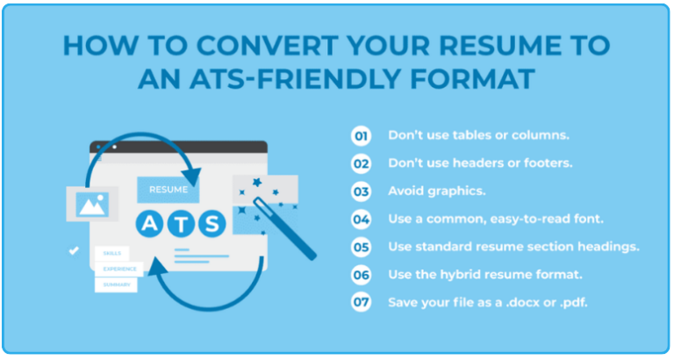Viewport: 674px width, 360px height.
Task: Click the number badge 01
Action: [x=361, y=136]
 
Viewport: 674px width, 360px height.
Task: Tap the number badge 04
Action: [x=361, y=219]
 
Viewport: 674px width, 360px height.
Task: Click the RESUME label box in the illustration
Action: [x=168, y=189]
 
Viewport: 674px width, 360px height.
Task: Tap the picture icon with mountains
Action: [x=91, y=205]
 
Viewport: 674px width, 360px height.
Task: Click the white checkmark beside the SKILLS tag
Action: [x=74, y=251]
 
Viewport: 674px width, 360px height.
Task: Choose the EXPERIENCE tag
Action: [x=120, y=269]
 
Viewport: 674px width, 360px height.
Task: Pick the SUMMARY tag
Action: [x=118, y=284]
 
